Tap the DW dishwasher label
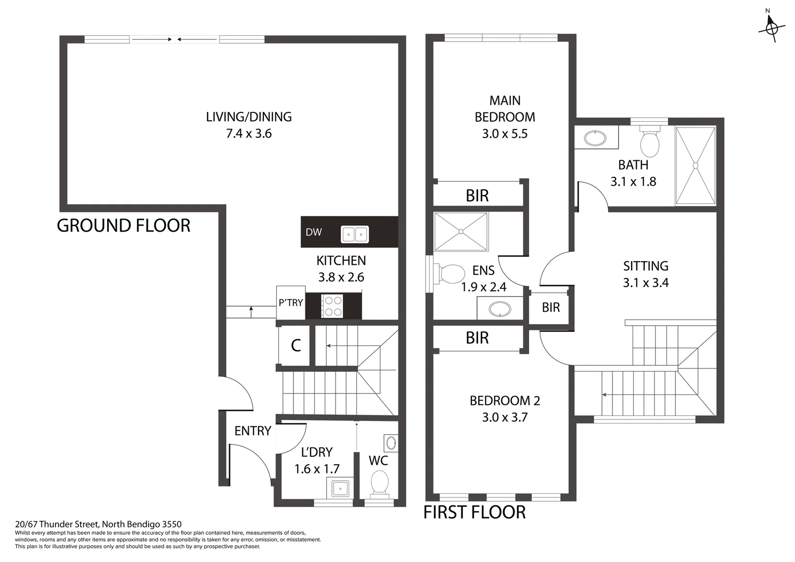[313, 232]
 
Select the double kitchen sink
[355, 234]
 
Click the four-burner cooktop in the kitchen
[332, 305]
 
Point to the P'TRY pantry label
[290, 302]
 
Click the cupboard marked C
[296, 346]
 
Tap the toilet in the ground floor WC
[379, 483]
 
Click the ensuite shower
[460, 232]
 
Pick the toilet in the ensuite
[451, 274]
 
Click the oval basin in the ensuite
[500, 309]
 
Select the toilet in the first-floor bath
[649, 142]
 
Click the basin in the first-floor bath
[595, 138]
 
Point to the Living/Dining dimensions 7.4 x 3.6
[249, 134]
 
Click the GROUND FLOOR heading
[123, 226]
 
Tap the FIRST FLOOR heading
[474, 513]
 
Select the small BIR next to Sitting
[550, 308]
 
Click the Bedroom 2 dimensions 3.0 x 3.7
[505, 417]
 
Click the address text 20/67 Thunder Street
[98, 525]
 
